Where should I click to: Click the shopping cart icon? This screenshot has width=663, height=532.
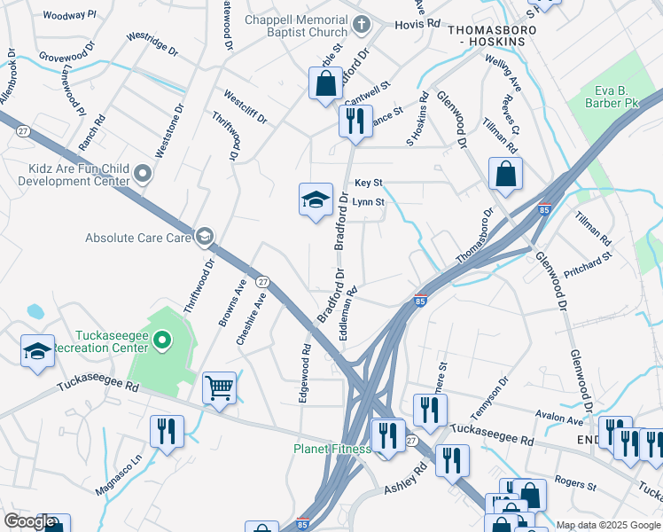click(x=219, y=387)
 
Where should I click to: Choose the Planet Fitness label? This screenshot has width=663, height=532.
click(x=331, y=449)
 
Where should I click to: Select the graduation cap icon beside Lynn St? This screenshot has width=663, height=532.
click(x=315, y=199)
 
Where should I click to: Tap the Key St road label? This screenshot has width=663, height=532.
click(x=368, y=183)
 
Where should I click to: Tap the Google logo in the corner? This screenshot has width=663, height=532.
click(x=29, y=521)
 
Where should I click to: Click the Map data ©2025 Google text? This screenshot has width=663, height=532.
click(x=608, y=525)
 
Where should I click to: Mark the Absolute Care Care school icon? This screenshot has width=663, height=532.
click(x=205, y=236)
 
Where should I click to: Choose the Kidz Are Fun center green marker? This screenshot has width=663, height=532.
click(x=142, y=175)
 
